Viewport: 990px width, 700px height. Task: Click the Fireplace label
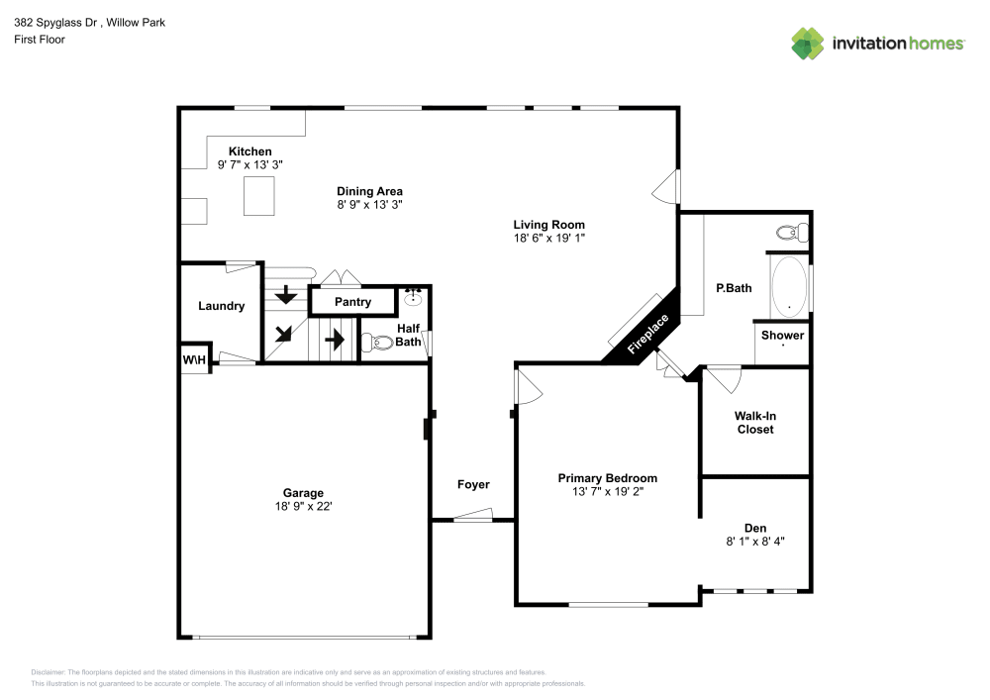[x=647, y=334]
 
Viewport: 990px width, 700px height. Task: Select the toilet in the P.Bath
[x=792, y=233]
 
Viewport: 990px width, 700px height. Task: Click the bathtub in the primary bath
[x=789, y=287]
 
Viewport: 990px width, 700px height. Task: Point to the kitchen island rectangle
[x=259, y=196]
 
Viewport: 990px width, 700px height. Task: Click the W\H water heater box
[x=194, y=359]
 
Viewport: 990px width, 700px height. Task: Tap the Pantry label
[x=353, y=302]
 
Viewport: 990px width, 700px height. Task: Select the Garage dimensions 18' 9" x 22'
[x=304, y=506]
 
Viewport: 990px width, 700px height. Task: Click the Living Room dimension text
[x=549, y=238]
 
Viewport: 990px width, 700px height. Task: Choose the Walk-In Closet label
[x=755, y=422]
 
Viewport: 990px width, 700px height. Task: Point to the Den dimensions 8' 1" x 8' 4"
[x=755, y=541]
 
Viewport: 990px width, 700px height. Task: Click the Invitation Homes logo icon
[x=808, y=44]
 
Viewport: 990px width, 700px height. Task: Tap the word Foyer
[x=473, y=484]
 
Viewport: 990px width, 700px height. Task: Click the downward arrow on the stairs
[x=286, y=294]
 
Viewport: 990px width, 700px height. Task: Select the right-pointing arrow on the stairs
[x=335, y=340]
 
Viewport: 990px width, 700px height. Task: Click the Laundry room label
[x=221, y=306]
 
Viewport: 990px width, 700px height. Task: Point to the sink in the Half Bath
[x=413, y=297]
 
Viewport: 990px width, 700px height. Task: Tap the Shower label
[x=782, y=336]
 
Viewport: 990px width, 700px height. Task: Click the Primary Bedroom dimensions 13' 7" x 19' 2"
[x=608, y=492]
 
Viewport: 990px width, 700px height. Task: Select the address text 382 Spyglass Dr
[x=56, y=23]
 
